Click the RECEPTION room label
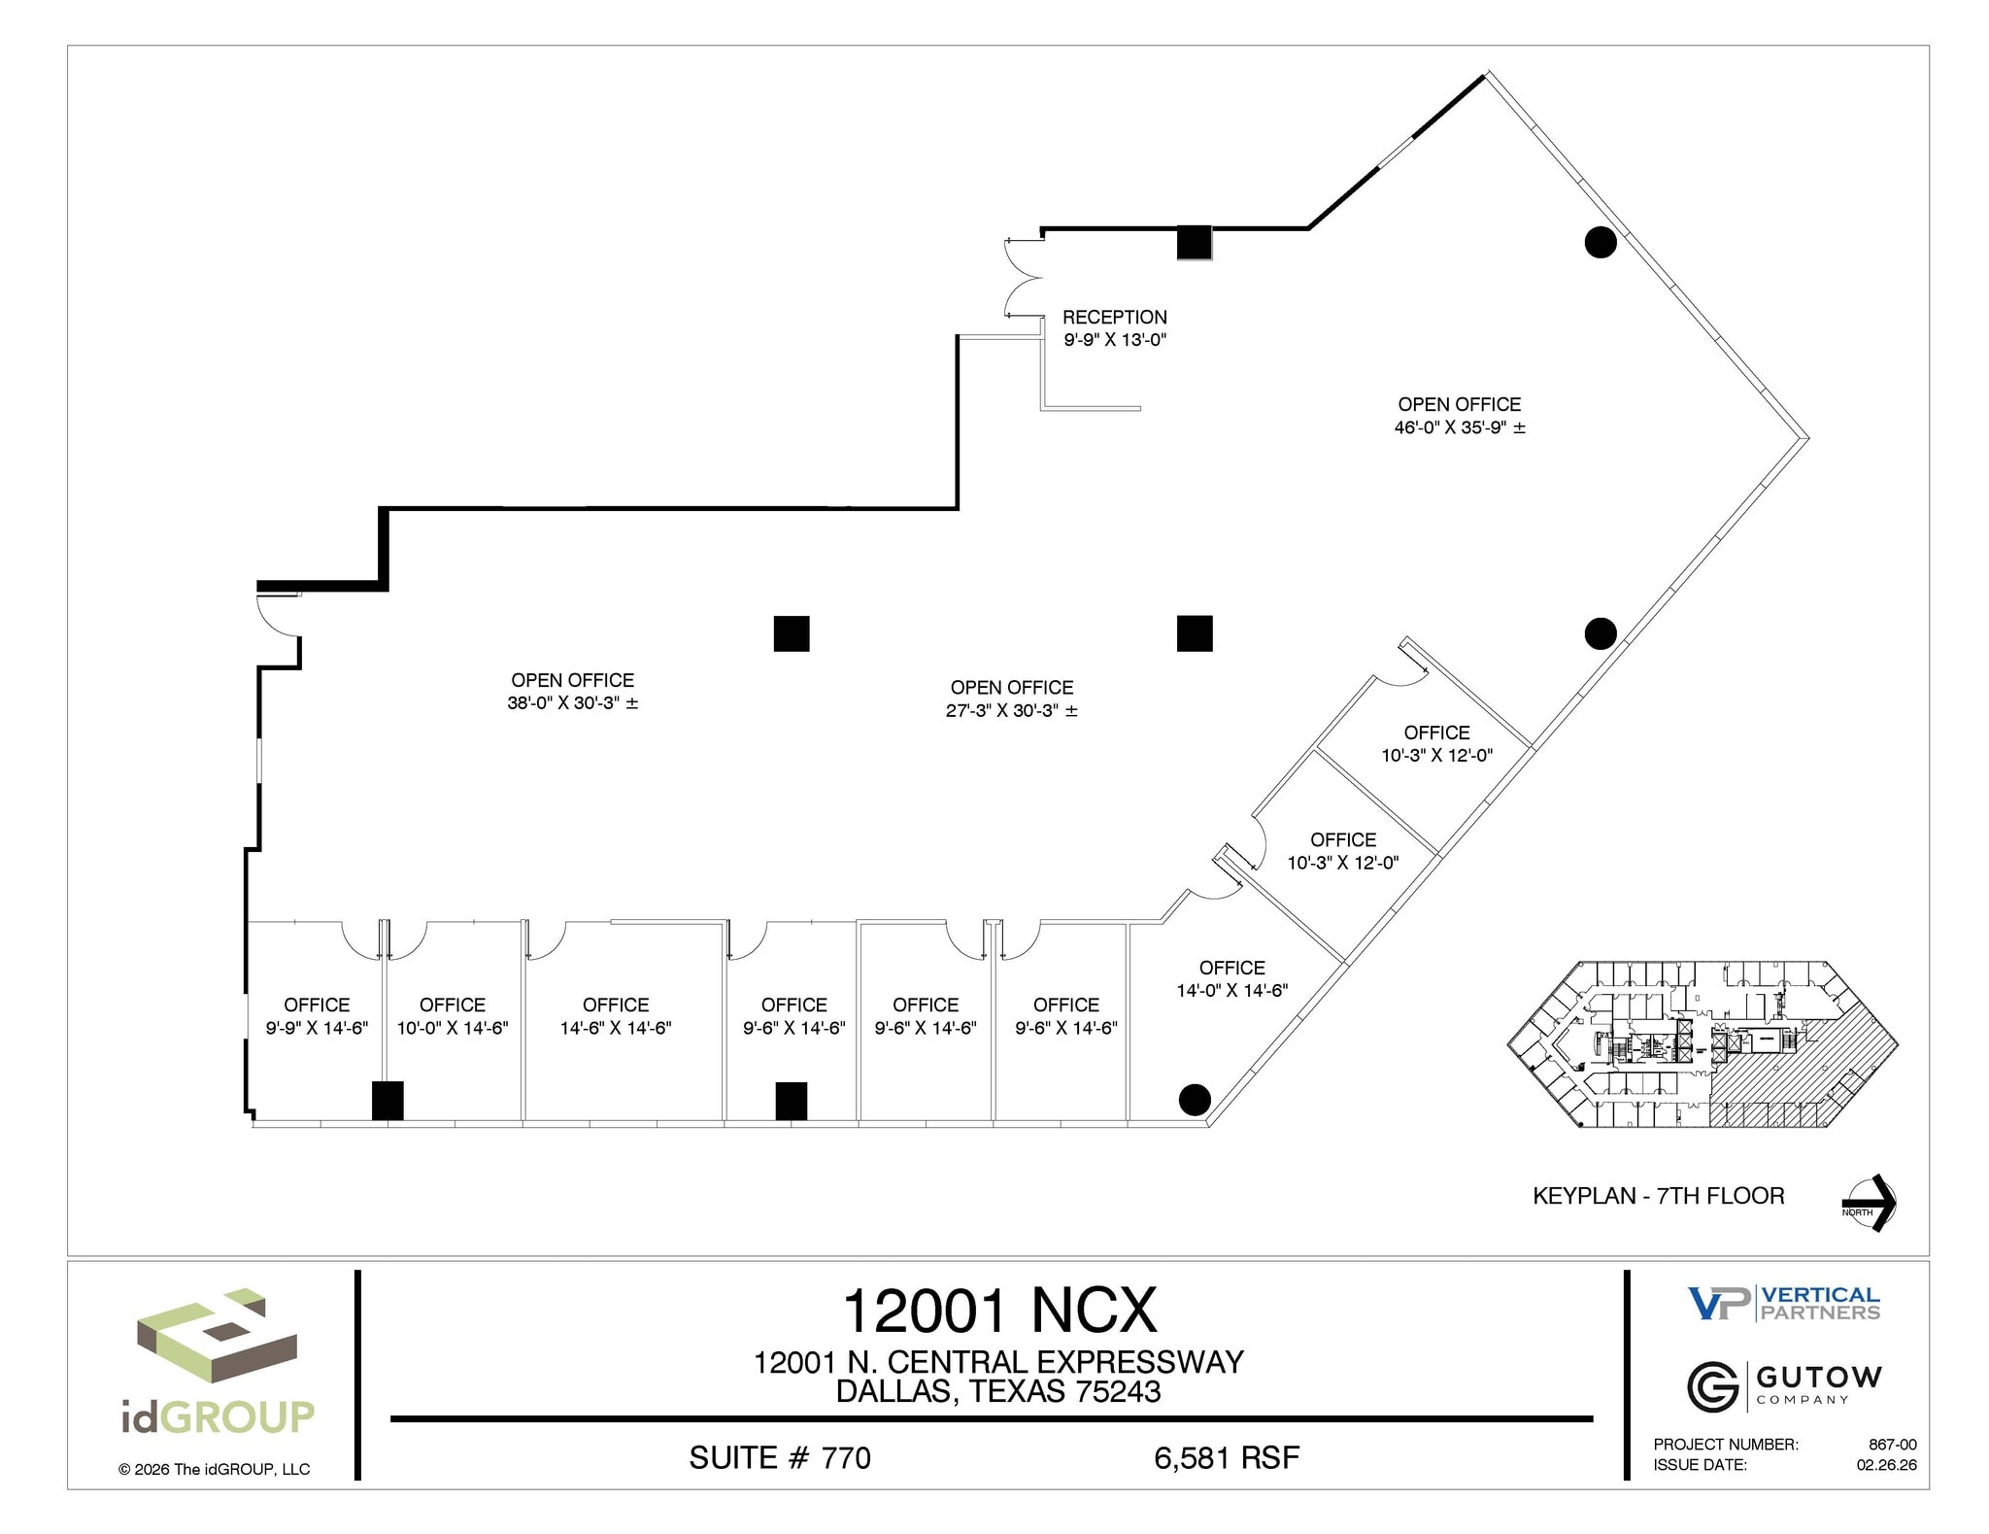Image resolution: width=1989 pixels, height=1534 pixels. [x=1114, y=318]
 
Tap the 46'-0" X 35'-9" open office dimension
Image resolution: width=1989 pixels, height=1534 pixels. [x=1459, y=427]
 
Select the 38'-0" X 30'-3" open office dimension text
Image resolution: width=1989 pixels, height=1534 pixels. [x=572, y=703]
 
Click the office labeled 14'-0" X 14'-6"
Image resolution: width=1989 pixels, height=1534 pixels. [x=1231, y=979]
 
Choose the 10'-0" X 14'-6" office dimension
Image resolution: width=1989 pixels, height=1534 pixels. [x=453, y=1028]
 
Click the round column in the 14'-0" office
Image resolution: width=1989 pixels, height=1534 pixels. [x=1194, y=1100]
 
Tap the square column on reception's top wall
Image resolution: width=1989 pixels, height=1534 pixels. [x=1194, y=242]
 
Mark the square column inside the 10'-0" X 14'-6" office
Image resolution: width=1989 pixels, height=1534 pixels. [x=388, y=1101]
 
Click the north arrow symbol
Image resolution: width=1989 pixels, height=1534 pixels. [x=1871, y=1204]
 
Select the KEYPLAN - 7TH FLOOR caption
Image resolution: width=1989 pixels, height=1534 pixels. [x=1658, y=1196]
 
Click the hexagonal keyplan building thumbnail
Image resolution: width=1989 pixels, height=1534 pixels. [x=1702, y=1044]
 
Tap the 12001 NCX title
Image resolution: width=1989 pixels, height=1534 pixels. [x=999, y=1311]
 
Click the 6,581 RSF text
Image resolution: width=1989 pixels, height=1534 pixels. [x=1226, y=1458]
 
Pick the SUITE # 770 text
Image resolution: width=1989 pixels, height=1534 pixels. [x=779, y=1458]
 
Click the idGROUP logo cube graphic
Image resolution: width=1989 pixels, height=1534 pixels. [x=216, y=1336]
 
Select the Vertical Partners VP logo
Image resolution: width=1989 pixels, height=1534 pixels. [x=1719, y=1304]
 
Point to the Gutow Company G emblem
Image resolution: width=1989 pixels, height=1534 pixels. [x=1712, y=1386]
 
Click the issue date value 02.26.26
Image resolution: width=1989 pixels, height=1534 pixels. [x=1886, y=1465]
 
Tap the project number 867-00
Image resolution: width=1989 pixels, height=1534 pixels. [x=1892, y=1445]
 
